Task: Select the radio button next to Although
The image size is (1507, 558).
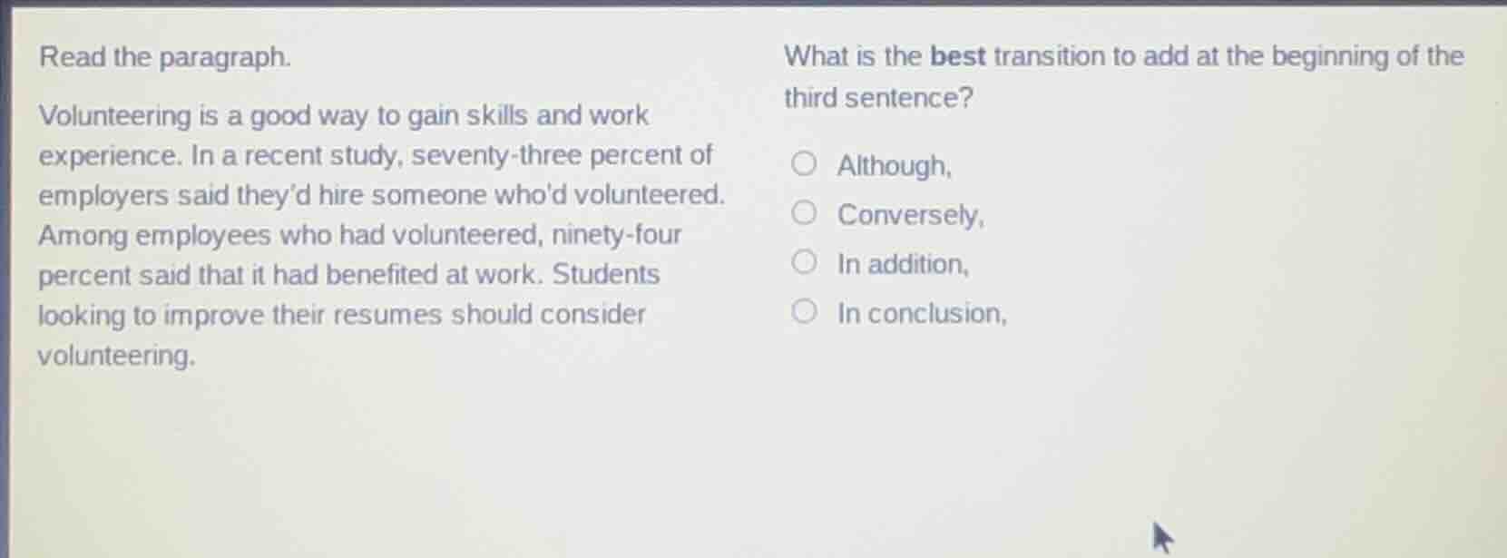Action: point(803,164)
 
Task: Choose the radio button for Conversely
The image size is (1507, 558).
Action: point(803,213)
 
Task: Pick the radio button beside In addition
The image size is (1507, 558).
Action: point(803,263)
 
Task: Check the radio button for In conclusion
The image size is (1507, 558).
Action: point(803,313)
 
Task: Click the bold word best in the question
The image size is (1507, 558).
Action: point(958,56)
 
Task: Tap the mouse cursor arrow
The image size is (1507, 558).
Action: point(1160,535)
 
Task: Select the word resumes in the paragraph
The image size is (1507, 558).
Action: point(394,315)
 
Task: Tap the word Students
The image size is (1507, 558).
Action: point(606,274)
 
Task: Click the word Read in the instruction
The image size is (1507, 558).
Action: point(73,57)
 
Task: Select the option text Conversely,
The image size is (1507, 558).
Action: point(910,215)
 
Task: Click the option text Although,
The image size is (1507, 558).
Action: point(894,166)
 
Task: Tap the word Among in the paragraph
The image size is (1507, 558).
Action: point(83,236)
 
